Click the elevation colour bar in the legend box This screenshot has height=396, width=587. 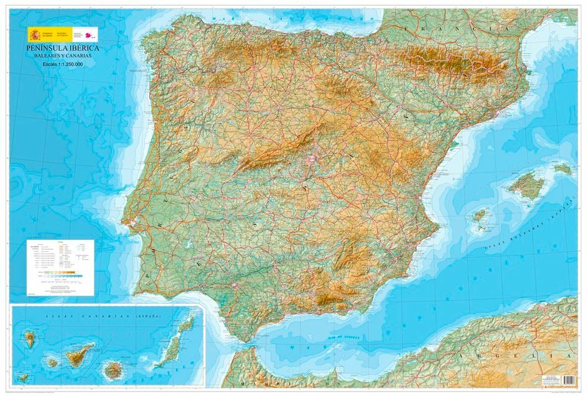point(57,273)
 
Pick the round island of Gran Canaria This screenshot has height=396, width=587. point(114,369)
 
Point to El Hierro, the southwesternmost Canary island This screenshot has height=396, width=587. point(24,377)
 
